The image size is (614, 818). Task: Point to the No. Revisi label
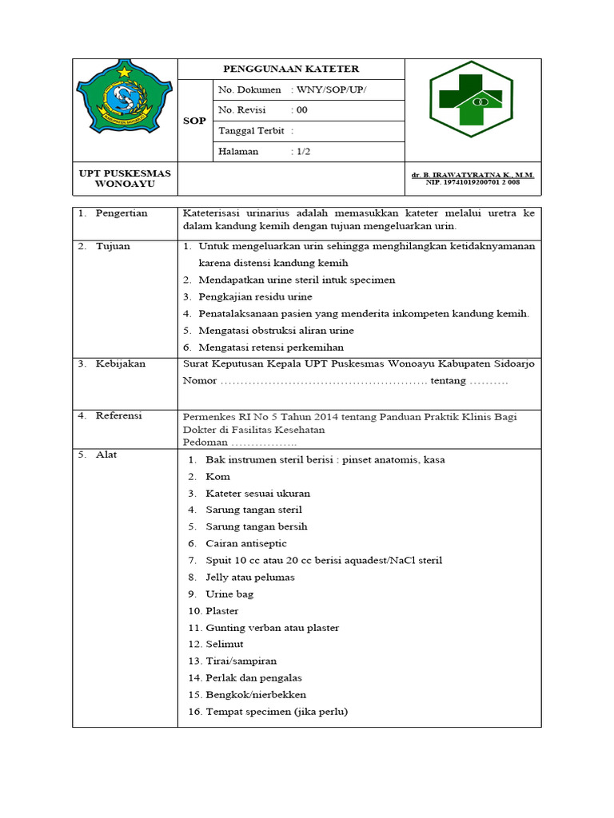(243, 110)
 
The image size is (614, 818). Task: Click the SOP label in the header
(195, 121)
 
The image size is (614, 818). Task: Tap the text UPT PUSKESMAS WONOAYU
(124, 179)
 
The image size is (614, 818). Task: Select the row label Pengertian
(121, 213)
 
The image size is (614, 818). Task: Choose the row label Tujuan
(113, 246)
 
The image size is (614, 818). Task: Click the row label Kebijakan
(120, 363)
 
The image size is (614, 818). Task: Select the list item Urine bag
(229, 594)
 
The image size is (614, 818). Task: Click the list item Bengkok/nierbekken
(255, 694)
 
